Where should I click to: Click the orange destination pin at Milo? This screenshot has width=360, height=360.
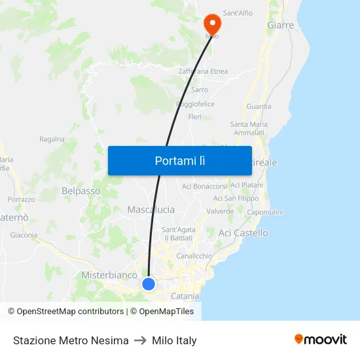pos(212,24)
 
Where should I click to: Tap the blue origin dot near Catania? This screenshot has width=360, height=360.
pos(149,283)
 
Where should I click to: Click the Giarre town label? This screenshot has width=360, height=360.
pos(281,26)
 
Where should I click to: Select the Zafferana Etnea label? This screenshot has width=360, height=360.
pos(203,71)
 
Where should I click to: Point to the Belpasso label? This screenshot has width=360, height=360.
pos(81,191)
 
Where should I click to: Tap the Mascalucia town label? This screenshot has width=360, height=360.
pos(151,209)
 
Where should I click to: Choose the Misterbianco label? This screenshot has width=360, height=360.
pos(109,276)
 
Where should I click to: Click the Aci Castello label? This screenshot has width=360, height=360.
pos(243,233)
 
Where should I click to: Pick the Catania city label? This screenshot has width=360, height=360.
pos(185,296)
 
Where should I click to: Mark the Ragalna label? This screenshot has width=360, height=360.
pos(52,139)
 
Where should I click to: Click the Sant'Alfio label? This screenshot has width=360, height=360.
pos(238,12)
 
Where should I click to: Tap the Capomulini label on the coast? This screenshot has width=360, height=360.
pos(265,212)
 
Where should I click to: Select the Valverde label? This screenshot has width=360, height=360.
pos(220,211)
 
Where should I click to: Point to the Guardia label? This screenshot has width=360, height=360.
pos(259,107)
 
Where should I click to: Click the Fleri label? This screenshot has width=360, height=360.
pos(194,117)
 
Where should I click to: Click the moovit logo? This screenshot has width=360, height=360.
pos(321,340)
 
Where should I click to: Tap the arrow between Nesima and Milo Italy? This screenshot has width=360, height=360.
pos(140,340)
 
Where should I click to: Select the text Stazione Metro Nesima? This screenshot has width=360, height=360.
pos(71,340)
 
